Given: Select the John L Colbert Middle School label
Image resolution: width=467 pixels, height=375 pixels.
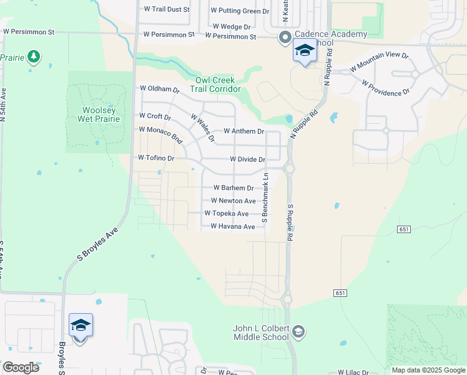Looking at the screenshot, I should click(260, 332).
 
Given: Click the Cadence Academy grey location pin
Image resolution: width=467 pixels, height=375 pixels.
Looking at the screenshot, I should click(285, 37).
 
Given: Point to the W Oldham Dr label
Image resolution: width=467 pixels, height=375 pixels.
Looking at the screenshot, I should click(159, 89).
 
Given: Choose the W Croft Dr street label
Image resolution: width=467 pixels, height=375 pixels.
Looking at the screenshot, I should click(154, 116).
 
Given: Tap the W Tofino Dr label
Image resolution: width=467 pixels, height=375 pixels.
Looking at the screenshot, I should click(155, 158).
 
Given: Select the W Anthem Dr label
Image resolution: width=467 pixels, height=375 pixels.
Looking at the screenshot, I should click(243, 132).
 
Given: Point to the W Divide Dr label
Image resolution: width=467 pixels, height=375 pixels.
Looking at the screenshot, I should click(247, 159).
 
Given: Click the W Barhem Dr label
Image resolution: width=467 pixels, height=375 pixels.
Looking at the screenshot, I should click(234, 187).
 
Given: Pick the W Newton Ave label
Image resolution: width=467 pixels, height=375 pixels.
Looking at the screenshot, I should click(233, 201).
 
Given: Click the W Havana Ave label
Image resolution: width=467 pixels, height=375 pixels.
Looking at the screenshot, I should click(232, 226).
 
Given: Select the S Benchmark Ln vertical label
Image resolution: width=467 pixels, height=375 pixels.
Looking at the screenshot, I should click(265, 197).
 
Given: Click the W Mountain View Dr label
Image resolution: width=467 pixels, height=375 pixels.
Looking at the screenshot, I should click(379, 61).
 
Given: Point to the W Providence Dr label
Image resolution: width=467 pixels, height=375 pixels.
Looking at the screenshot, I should click(385, 87).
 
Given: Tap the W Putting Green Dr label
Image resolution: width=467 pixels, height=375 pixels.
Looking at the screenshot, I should click(240, 11).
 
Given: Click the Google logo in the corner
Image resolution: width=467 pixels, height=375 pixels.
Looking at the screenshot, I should click(21, 367).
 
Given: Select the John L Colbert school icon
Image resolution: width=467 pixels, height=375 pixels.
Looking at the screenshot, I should click(298, 331).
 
